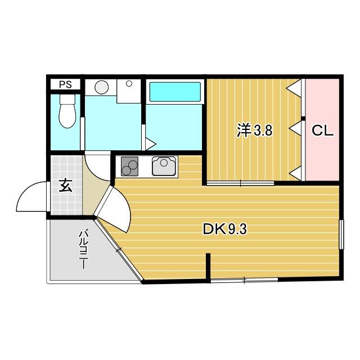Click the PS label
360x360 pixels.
[66, 85]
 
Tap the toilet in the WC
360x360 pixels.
[67, 112]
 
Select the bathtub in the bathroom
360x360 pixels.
[174, 92]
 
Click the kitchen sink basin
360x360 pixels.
[164, 165]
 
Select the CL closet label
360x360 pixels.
[323, 131]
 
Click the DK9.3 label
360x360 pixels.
[225, 229]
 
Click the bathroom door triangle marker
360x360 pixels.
[150, 143]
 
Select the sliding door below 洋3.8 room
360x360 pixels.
[241, 183]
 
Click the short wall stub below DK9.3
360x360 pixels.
[208, 268]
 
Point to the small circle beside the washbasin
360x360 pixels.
[129, 84]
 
